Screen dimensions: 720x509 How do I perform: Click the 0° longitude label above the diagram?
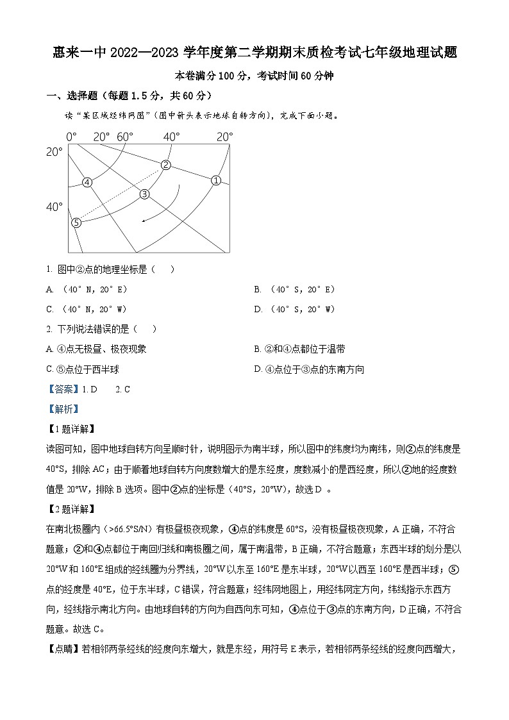71,137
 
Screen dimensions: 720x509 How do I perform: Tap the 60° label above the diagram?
125,137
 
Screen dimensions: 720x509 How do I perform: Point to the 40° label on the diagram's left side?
54,207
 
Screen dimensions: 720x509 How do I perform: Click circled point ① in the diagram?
216,180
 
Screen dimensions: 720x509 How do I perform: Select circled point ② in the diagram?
166,165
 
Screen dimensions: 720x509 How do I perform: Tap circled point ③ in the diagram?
144,194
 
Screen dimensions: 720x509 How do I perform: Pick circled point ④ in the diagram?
87,182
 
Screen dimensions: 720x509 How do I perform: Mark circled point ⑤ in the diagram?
76,222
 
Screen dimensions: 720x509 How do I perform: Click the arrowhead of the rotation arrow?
144,221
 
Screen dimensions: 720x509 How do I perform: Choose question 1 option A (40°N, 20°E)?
86,290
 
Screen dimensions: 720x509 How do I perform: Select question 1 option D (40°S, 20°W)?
294,310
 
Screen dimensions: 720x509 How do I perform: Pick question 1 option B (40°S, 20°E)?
294,290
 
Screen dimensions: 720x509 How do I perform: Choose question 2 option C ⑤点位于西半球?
83,369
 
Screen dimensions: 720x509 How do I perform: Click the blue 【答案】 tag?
63,389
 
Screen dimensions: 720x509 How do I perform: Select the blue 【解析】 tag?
63,409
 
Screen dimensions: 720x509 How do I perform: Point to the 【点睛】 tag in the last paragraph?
62,649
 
